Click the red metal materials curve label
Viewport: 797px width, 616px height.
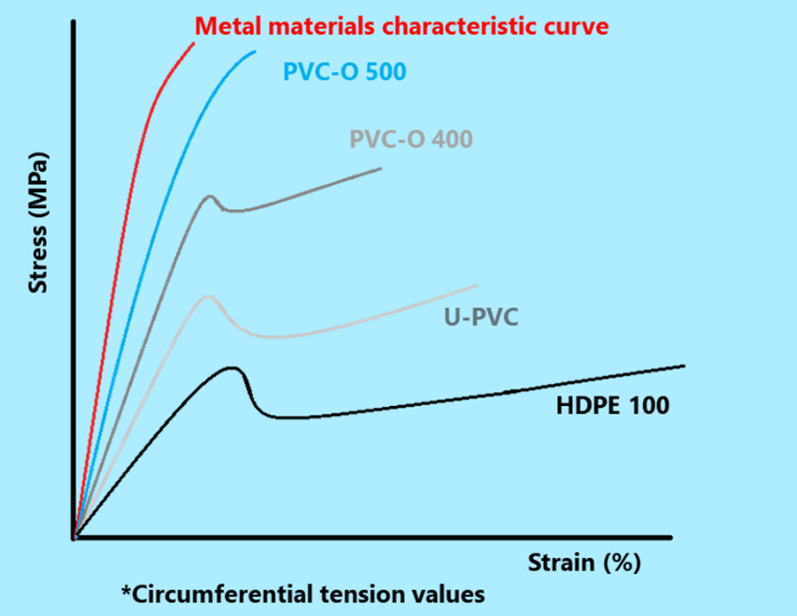pos(401,25)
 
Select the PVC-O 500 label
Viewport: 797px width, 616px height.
pos(343,73)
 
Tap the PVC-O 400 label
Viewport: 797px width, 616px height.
pos(411,140)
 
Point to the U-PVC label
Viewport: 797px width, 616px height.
pos(481,318)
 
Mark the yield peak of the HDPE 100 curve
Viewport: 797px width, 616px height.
pos(232,368)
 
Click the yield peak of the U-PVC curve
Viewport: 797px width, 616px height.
pos(208,296)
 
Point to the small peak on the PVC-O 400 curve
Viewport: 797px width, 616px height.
pos(211,196)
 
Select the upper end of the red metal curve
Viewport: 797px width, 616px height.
pos(193,43)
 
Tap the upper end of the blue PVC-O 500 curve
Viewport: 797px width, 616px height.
pos(255,51)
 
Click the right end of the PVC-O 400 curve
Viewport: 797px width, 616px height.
pos(381,168)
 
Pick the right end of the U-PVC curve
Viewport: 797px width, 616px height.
pos(477,286)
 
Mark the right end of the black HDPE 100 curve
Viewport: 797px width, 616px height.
pos(684,366)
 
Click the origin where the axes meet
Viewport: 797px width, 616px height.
pos(74,538)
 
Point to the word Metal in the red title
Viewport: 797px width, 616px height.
pos(225,25)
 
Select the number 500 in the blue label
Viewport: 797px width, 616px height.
pos(385,73)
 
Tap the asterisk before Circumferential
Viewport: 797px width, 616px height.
pos(126,592)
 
